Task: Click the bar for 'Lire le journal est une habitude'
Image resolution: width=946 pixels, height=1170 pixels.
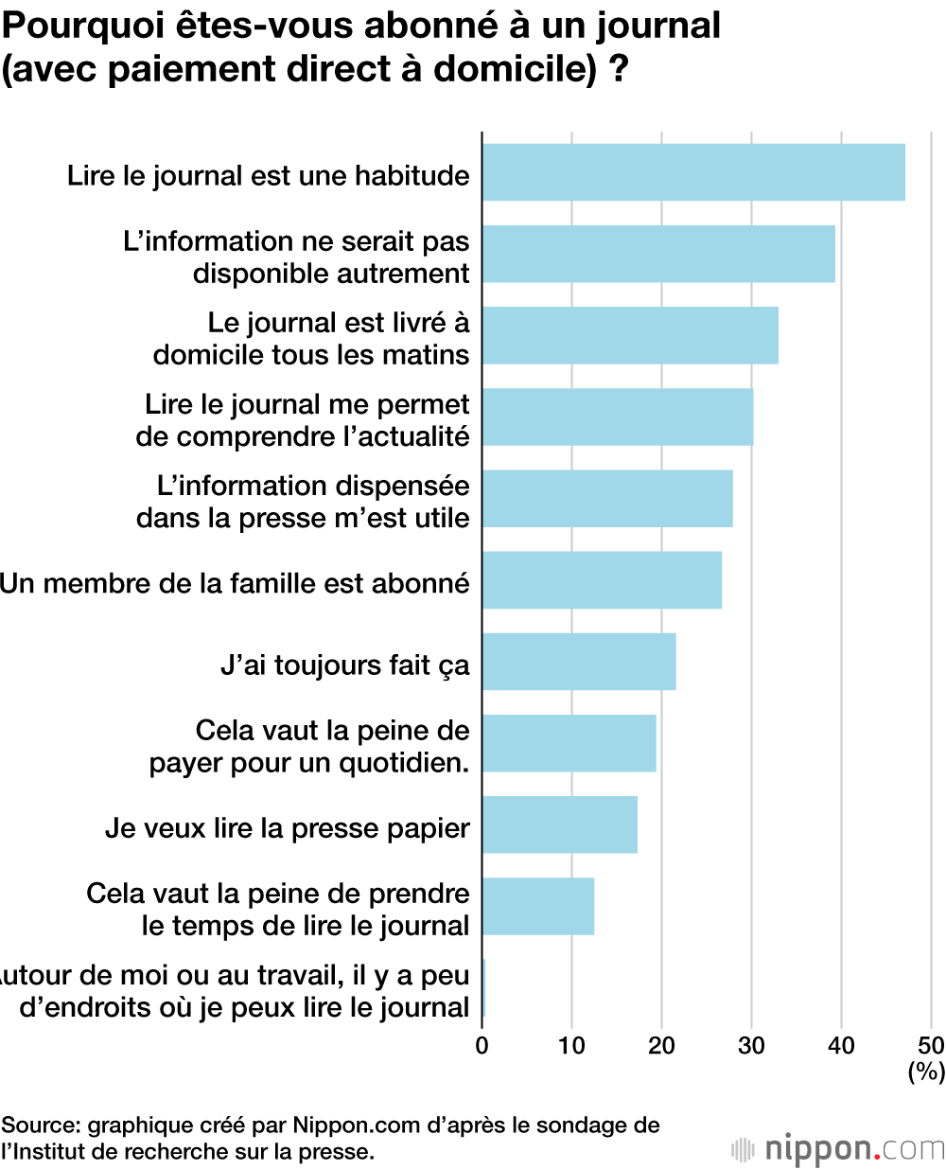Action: tap(693, 172)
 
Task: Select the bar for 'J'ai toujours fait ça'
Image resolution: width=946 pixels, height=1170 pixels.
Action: tap(579, 662)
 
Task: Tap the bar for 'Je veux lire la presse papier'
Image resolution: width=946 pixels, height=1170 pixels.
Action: tap(560, 824)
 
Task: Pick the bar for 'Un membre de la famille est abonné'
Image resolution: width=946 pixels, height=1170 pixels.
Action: tap(602, 580)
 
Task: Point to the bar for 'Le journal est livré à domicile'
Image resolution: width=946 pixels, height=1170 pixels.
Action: tap(630, 336)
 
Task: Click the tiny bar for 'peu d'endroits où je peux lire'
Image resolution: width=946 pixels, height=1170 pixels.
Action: tap(484, 988)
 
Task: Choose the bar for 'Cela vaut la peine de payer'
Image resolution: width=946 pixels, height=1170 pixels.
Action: tap(569, 743)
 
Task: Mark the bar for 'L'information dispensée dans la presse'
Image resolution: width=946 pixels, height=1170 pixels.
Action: tap(607, 499)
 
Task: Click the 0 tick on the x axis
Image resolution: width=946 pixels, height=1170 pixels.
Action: tap(482, 1046)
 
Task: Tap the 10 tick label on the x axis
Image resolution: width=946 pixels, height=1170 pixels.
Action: tap(571, 1046)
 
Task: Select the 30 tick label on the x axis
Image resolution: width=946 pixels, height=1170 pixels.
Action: tap(751, 1046)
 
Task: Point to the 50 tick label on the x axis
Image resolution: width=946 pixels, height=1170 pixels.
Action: tap(931, 1046)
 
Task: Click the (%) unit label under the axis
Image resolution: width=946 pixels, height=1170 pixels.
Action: tap(926, 1072)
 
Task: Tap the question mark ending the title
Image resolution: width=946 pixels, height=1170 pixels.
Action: tap(620, 70)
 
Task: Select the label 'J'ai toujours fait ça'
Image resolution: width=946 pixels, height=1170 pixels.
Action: tap(345, 665)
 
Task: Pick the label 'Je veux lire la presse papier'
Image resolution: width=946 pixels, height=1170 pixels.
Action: tap(288, 828)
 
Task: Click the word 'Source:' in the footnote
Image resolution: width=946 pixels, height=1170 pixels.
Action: tap(41, 1126)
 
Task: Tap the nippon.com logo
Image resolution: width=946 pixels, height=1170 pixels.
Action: tap(838, 1149)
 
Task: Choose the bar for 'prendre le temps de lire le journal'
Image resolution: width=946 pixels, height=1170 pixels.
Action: tap(538, 906)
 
